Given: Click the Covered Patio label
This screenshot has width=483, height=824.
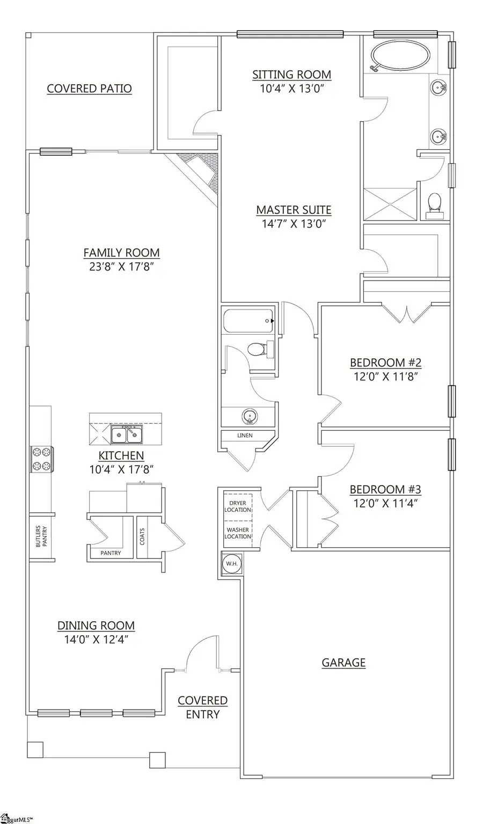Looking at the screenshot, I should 89,89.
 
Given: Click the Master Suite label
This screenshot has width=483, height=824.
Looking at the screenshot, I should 293,210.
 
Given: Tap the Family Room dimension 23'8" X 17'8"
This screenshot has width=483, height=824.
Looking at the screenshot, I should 121,267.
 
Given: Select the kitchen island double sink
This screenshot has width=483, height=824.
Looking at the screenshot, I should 127,435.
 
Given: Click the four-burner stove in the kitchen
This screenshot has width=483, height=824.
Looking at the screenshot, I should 41,459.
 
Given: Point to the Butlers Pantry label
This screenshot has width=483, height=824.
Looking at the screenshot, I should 41,536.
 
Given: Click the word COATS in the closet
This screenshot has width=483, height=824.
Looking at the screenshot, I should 142,536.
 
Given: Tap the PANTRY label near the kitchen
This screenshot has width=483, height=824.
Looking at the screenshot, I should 111,553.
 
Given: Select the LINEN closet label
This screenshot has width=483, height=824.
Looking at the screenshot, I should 245,435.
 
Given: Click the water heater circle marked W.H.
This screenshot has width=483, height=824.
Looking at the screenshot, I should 232,564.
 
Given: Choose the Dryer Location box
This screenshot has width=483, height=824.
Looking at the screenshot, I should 237,506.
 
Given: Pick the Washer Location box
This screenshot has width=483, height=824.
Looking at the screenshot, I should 237,533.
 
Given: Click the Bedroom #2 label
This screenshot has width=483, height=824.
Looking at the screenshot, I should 385,363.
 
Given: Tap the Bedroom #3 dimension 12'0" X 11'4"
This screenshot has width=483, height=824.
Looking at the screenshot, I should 385,503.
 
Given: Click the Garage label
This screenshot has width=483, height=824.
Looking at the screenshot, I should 343,663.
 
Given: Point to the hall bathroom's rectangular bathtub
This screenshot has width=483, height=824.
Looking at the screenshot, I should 247,321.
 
